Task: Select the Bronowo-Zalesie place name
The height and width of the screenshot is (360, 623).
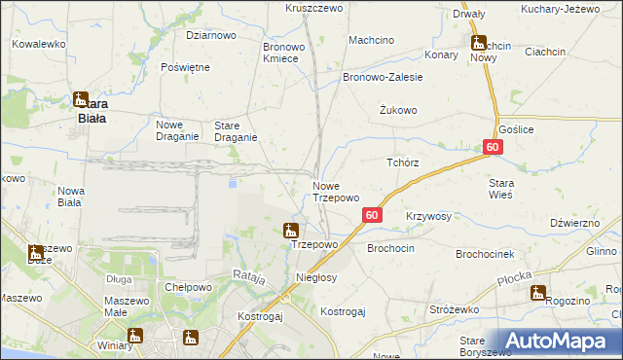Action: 383,76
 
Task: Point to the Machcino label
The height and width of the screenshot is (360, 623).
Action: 371,40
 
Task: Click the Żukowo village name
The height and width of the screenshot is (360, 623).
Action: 398,110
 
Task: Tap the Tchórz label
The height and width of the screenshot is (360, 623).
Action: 403,162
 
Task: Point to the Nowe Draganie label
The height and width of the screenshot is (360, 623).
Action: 178,130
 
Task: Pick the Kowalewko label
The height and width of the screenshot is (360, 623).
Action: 38,44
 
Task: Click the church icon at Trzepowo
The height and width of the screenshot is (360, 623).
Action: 289,231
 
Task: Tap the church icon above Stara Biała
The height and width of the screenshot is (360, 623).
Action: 82,97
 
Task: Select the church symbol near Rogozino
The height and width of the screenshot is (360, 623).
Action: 537,292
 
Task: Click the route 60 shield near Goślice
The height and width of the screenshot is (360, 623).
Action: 493,147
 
